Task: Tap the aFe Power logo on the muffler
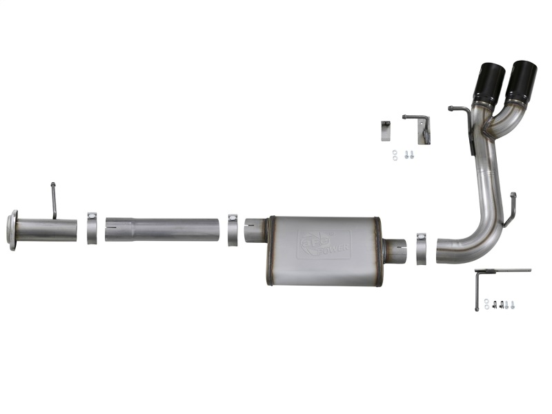(x=324, y=243)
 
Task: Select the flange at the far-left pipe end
(x=12, y=230)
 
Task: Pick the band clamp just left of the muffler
(x=233, y=229)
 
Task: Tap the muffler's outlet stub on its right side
(x=395, y=250)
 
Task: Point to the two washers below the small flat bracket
(x=394, y=155)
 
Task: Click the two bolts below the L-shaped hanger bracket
(x=410, y=155)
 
